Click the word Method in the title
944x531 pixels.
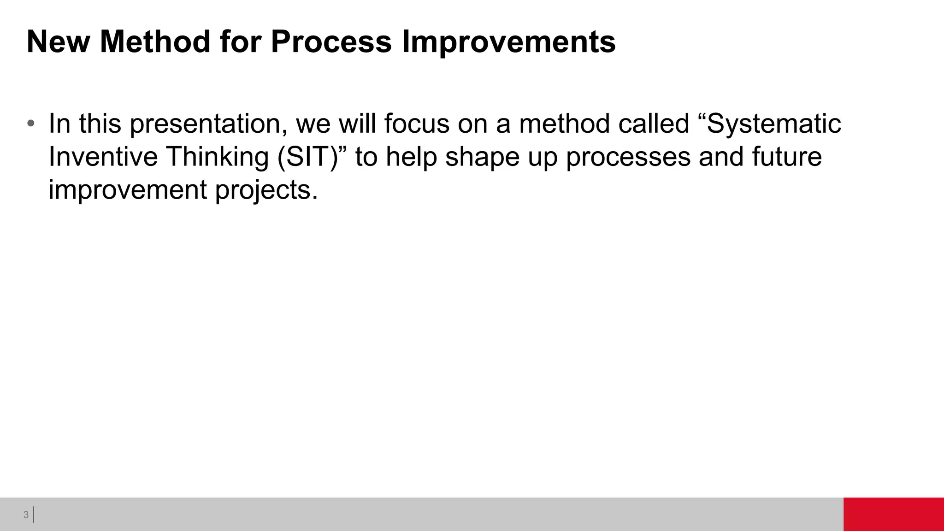coord(155,41)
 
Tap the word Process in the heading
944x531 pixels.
coord(331,41)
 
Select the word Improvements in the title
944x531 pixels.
coord(508,41)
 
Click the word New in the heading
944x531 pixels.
coord(58,41)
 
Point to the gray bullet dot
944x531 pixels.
coord(31,124)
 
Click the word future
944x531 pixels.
coord(787,157)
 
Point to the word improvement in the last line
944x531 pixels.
coord(127,190)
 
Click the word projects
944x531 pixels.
coord(266,190)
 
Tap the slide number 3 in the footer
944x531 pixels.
coord(26,515)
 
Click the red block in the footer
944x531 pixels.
coord(893,514)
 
